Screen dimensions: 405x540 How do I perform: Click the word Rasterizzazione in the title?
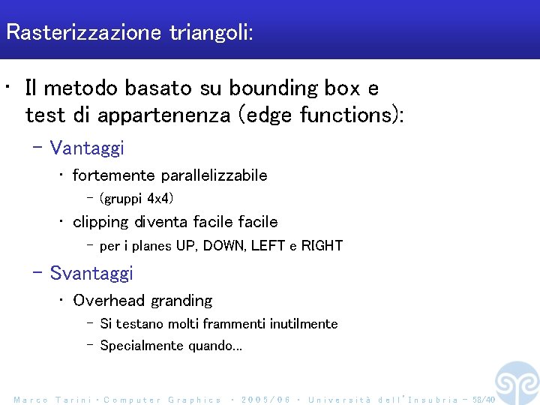coord(84,33)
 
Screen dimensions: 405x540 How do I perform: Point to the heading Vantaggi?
coord(87,148)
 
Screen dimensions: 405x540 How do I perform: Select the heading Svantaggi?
coord(91,273)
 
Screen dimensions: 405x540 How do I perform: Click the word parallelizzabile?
coord(214,175)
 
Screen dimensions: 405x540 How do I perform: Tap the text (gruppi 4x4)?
coord(136,199)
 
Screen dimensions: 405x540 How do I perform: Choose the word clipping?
coord(100,222)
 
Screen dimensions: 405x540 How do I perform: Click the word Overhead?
coord(109,301)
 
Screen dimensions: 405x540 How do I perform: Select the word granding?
coord(181,301)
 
